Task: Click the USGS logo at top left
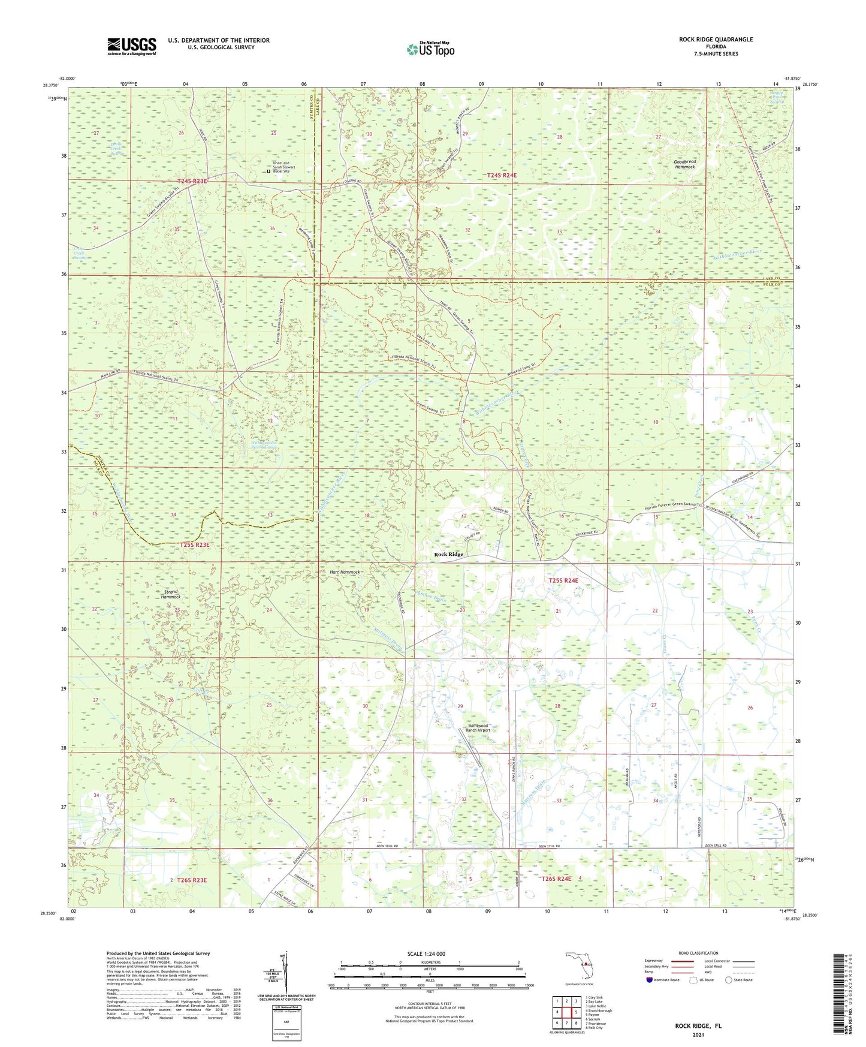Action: pyautogui.click(x=132, y=46)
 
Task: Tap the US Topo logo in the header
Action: pyautogui.click(x=430, y=49)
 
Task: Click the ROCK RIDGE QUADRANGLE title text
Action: pyautogui.click(x=716, y=40)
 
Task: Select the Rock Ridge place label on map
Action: pyautogui.click(x=448, y=555)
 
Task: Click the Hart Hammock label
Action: pyautogui.click(x=345, y=572)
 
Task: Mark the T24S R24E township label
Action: pyautogui.click(x=502, y=175)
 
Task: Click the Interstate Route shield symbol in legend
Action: pyautogui.click(x=650, y=980)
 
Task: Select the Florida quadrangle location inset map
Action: pyautogui.click(x=579, y=967)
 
